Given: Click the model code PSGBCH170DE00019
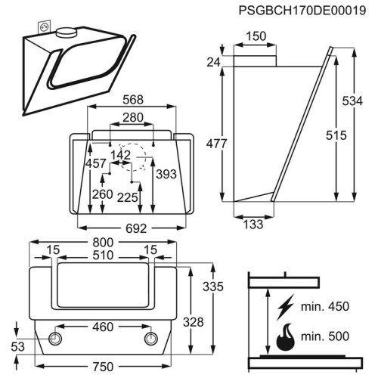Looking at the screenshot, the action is click(302, 11).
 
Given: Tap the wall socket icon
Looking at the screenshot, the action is click(45, 26).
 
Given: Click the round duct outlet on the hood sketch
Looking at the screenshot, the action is click(66, 33).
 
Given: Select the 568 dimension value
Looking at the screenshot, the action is click(133, 100).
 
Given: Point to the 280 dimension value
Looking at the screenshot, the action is click(133, 117).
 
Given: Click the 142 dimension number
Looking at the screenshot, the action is click(121, 155).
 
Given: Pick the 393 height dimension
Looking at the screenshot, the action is click(166, 174).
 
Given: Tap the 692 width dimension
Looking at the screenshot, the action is click(136, 228).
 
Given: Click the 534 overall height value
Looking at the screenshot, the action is click(352, 101).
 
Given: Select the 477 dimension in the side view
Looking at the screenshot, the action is click(216, 144).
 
